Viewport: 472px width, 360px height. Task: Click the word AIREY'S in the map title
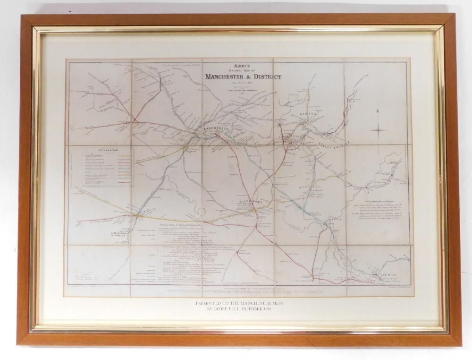(240, 67)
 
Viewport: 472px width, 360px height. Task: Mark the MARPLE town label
(333, 219)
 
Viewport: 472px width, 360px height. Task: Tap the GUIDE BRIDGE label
(289, 137)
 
